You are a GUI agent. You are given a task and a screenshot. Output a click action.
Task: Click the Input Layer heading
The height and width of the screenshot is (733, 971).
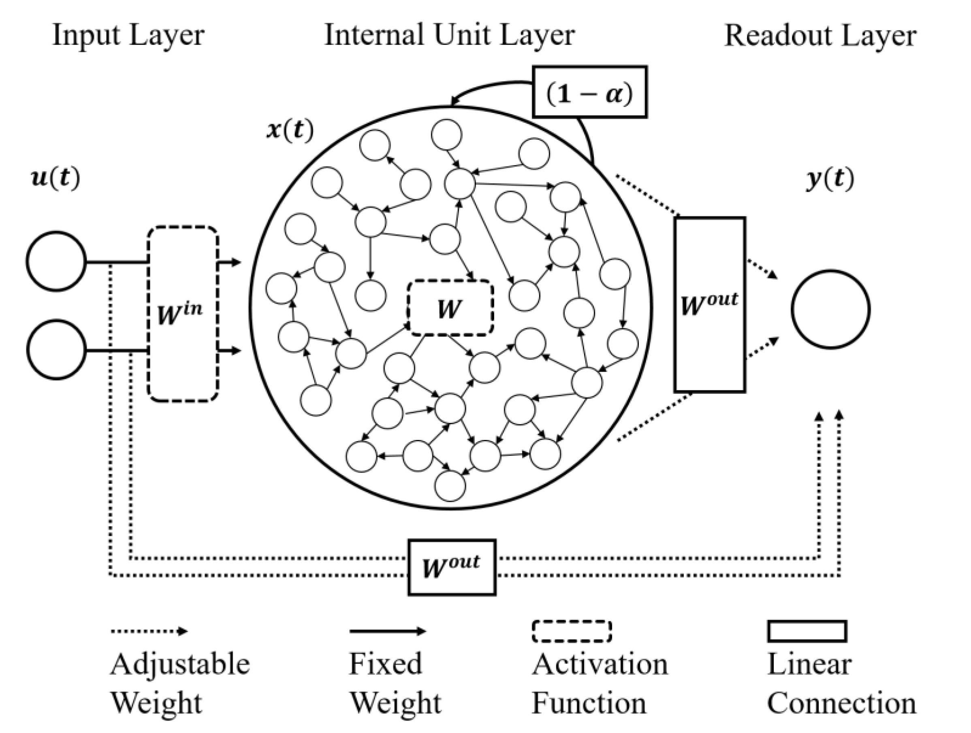tap(128, 35)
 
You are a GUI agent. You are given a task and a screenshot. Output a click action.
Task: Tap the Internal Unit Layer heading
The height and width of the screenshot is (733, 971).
tap(449, 35)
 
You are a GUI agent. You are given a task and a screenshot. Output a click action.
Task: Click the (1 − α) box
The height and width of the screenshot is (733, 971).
tap(589, 93)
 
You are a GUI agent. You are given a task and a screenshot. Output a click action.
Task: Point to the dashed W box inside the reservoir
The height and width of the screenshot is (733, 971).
tap(450, 308)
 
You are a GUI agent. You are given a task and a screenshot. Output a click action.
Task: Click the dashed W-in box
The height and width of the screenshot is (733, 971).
tap(183, 314)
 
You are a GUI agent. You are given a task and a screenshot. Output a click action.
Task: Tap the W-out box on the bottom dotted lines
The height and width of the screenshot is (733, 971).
tap(452, 567)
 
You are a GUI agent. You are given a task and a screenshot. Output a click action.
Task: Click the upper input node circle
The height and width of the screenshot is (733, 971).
tap(56, 261)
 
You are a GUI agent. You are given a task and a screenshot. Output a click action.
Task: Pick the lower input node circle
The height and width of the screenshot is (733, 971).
tap(56, 350)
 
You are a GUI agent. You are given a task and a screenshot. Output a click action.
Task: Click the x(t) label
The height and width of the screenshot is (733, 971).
tap(290, 130)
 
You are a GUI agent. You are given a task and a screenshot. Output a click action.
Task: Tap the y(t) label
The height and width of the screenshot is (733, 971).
tap(830, 179)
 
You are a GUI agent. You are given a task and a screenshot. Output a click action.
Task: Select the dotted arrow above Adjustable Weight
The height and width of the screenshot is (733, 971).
tap(149, 632)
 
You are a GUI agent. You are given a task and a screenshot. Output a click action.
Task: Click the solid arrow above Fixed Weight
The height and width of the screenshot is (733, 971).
tap(387, 632)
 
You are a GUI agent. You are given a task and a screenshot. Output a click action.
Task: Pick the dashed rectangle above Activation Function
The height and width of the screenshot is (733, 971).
tap(572, 632)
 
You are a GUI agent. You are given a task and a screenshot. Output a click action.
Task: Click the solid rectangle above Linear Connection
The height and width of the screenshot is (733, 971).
tap(807, 631)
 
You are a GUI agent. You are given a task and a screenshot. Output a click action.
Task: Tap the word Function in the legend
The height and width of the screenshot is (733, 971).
tap(589, 703)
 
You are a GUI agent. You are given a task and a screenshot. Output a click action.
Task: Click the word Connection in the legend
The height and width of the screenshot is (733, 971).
tap(841, 703)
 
